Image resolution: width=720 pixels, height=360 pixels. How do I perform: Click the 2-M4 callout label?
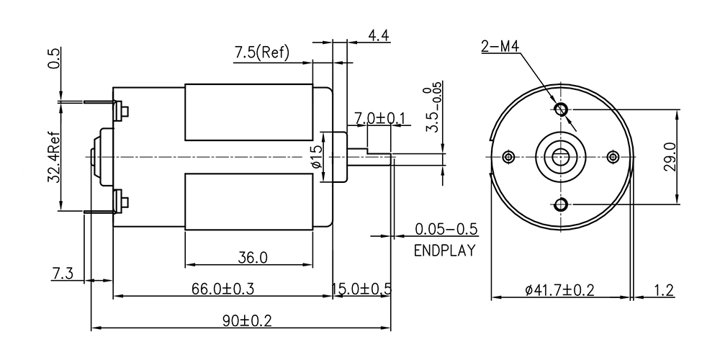[x=500, y=46]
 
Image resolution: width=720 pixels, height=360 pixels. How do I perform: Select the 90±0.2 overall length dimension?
[x=247, y=320]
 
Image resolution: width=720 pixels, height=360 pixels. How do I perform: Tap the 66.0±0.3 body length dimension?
[x=222, y=289]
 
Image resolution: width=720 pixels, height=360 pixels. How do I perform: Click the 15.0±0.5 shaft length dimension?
[x=362, y=289]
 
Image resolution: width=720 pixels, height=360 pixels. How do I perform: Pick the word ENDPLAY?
[x=444, y=251]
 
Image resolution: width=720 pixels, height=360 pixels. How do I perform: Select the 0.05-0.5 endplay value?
[x=446, y=229]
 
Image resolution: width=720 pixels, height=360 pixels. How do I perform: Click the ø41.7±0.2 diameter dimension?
[x=559, y=289]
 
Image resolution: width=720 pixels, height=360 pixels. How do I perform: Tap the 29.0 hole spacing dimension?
[x=670, y=156]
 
